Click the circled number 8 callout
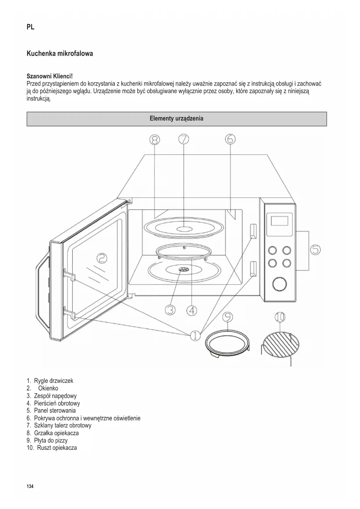[x=154, y=140]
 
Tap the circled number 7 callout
[x=184, y=139]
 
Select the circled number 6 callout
[x=230, y=139]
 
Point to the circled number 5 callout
[x=315, y=250]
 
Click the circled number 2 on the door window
[x=102, y=258]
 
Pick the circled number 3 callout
[x=170, y=310]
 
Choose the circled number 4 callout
[x=191, y=311]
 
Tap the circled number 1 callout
[x=195, y=336]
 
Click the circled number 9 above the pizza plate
[x=228, y=317]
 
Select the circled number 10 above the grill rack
[x=280, y=317]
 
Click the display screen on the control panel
[x=279, y=221]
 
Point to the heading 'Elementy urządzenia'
[x=176, y=118]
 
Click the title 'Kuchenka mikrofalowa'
[x=60, y=53]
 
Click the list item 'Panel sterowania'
[x=55, y=410]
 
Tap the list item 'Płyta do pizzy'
[x=51, y=440]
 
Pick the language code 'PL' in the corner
[x=30, y=27]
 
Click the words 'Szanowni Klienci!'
[x=50, y=76]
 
